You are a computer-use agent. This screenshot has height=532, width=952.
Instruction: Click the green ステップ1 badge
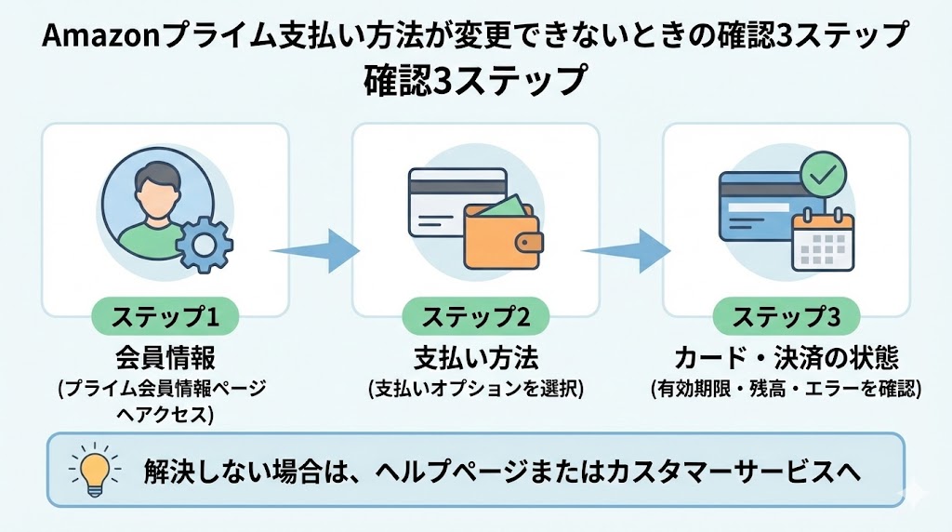165,318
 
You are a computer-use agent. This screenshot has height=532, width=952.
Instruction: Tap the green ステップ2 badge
476,318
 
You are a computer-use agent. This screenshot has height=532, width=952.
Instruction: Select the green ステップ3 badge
786,318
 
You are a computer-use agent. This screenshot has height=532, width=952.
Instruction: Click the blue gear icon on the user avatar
204,243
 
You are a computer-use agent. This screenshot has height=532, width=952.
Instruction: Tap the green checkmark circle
823,174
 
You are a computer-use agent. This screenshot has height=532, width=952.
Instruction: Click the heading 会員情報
165,358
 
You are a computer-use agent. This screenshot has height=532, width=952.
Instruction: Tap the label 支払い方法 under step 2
476,358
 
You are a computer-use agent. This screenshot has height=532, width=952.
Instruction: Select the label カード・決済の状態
786,358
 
